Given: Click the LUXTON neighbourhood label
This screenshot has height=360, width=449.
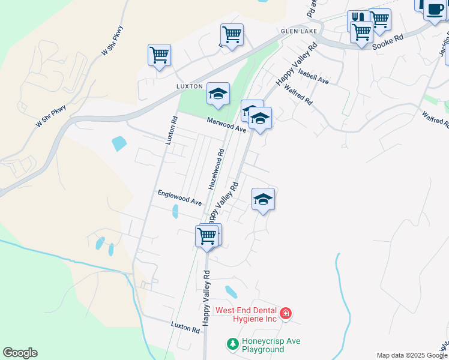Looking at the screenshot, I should click(x=190, y=86).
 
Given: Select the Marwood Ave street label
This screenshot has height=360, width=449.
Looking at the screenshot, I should click(x=227, y=125).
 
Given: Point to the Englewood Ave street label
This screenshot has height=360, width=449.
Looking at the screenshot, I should click(x=179, y=197).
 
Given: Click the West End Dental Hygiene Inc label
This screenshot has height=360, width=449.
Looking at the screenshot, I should click(x=246, y=314).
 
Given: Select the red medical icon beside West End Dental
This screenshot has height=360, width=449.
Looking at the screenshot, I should click(x=286, y=313).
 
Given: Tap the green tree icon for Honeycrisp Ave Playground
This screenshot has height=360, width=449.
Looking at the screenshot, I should click(x=232, y=344).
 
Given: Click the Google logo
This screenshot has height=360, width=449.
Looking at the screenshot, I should click(x=20, y=353).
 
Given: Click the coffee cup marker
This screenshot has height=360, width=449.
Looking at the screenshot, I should click(x=435, y=10).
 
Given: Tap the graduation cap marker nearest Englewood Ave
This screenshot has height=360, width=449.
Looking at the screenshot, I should click(x=263, y=199).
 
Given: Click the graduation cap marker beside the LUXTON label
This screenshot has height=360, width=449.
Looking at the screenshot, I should click(x=218, y=94).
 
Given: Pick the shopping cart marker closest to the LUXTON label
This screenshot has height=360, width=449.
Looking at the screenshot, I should click(x=159, y=55).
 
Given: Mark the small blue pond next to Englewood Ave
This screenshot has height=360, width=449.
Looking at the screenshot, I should click(x=175, y=212).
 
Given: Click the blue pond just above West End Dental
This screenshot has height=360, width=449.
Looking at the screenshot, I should click(x=231, y=292).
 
